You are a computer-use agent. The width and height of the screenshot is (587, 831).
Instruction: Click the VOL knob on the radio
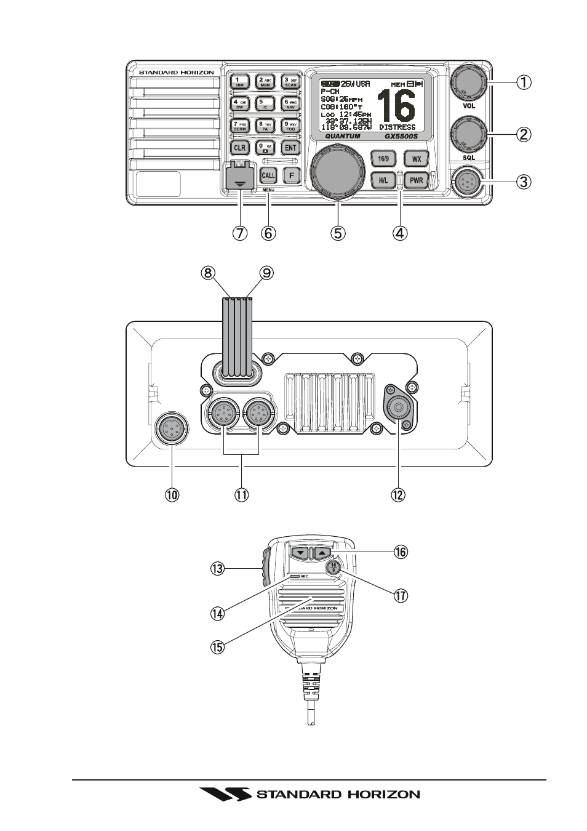[x=468, y=81]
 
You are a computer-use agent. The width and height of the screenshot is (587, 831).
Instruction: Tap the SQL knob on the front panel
[x=468, y=132]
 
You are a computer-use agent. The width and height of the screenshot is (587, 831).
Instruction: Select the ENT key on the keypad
[x=290, y=148]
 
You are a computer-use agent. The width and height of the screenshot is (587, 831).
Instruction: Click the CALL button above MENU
[x=268, y=175]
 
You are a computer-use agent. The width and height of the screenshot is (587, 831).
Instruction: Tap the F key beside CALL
[x=291, y=175]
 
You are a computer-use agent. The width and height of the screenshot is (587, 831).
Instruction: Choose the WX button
[x=417, y=159]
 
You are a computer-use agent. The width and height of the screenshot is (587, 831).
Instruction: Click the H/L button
[x=383, y=181]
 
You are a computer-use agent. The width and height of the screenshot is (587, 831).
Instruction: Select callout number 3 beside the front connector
[x=524, y=182]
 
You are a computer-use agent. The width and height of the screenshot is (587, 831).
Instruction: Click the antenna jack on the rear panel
[x=399, y=407]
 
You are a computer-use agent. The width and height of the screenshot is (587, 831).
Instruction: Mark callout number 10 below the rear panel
[x=172, y=495]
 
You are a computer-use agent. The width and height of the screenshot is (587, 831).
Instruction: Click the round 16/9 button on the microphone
[x=333, y=568]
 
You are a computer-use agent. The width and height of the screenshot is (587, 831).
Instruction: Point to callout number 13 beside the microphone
[x=217, y=569]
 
